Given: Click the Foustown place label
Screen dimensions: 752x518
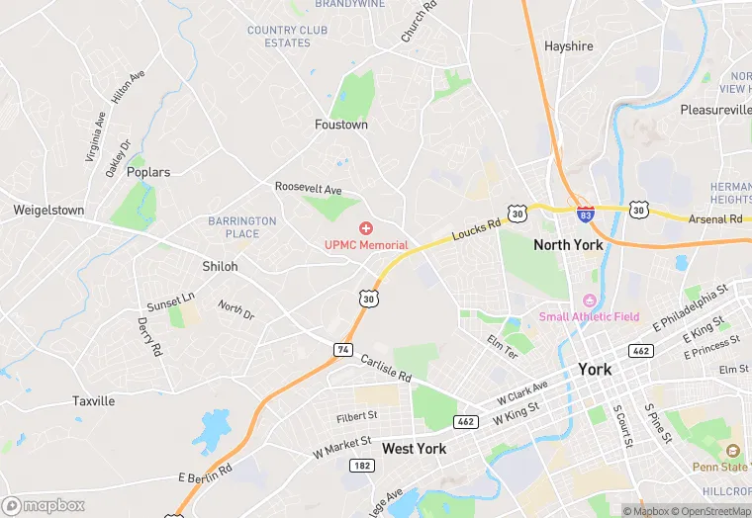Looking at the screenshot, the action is pos(341,126).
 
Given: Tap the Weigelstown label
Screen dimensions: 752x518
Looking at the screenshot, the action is pos(48,211).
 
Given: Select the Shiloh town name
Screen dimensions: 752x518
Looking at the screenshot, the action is pos(220,267).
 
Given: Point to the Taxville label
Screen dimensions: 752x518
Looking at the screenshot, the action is pos(93,401).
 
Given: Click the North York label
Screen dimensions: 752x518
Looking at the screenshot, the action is pos(568,245).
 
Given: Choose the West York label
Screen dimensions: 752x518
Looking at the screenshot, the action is pos(414,449).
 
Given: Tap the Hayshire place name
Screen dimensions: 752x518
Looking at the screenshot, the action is pos(569,46).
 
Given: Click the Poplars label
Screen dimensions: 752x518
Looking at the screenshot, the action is pos(148,172).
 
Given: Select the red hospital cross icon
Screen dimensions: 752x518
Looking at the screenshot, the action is pos(365,228).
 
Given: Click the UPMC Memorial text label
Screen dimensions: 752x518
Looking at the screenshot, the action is pos(366,245).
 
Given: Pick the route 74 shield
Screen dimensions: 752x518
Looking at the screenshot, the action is pos(343,349).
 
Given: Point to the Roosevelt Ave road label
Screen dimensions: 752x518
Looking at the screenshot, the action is pos(308,189).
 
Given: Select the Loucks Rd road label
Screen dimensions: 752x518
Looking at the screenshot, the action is pos(477,229).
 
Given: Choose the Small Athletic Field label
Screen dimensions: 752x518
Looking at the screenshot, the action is pos(589,316).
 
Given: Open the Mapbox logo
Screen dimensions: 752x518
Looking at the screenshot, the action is pos(44,505).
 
